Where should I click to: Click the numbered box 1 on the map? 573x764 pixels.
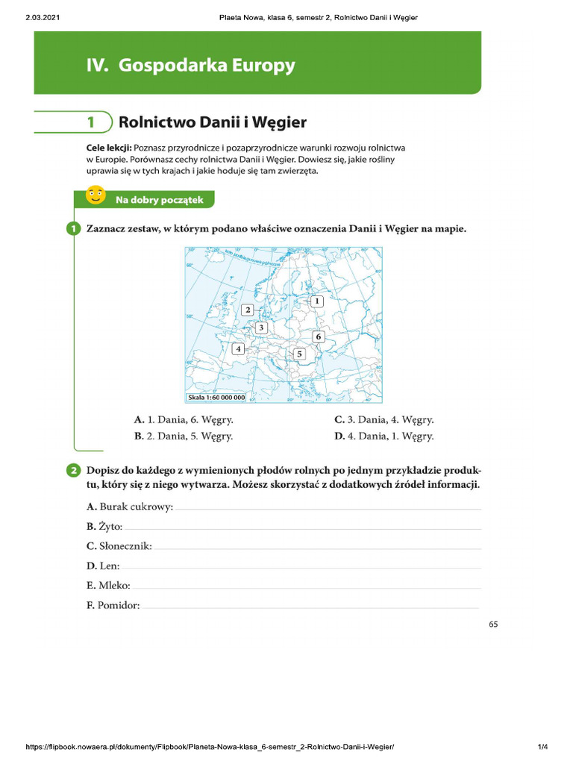click(x=316, y=301)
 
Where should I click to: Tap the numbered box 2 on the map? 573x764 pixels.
click(x=248, y=309)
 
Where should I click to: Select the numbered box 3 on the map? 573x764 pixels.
click(x=261, y=328)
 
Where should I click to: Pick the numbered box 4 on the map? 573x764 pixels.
click(x=238, y=348)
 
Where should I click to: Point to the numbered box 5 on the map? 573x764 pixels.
click(x=299, y=354)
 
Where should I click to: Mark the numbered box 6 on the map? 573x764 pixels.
click(x=318, y=336)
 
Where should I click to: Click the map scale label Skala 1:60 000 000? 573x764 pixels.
click(x=216, y=398)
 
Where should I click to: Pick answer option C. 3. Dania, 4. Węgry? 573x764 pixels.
click(x=383, y=420)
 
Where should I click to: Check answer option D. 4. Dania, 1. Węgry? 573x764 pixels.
click(x=383, y=436)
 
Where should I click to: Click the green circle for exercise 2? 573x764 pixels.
click(x=73, y=470)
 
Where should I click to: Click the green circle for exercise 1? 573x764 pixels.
click(x=73, y=229)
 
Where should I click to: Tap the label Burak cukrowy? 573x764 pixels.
click(x=130, y=507)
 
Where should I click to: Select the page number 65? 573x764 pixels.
click(x=493, y=624)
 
